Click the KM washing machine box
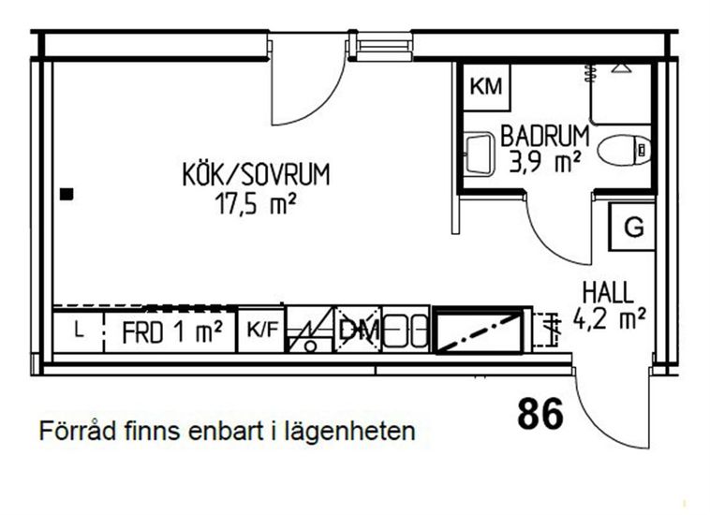pos(486,87)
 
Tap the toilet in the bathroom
pos(624,149)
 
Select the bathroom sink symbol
pos(479,154)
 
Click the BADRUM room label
pos(545,136)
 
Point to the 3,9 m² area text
pos(545,162)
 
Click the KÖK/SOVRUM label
pos(257,175)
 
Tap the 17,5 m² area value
pos(256,203)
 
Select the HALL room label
pos(608,292)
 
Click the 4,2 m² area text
pos(610,318)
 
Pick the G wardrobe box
pos(631,227)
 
